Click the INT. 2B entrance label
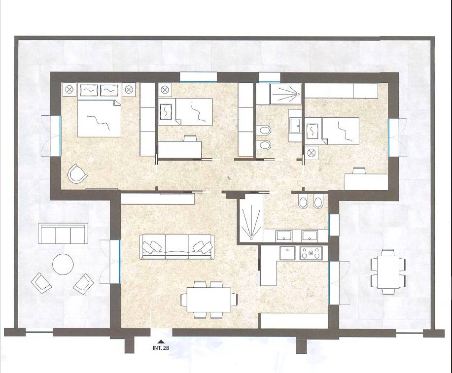(161, 348)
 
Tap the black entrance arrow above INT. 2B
(161, 341)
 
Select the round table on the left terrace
(63, 264)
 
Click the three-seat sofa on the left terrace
(63, 233)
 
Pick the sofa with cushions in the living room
(177, 247)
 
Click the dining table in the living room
(209, 300)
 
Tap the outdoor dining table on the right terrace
(388, 272)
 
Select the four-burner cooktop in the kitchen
(311, 253)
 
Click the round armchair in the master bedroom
(77, 173)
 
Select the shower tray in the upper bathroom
(285, 94)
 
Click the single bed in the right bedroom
(332, 131)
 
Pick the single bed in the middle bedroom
(185, 111)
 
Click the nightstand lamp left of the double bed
(69, 90)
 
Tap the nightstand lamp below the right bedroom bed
(312, 153)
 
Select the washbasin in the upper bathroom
(295, 126)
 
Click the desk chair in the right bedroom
(359, 170)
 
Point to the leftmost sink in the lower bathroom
(284, 236)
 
